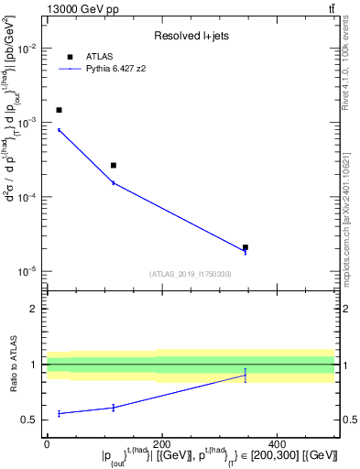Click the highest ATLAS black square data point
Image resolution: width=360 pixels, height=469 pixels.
(59, 110)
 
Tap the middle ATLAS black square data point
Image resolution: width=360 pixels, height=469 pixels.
(114, 166)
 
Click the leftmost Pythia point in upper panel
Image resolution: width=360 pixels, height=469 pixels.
(59, 130)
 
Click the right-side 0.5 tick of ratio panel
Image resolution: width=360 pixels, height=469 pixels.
(348, 420)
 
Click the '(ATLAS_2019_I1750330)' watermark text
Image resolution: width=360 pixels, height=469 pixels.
(191, 274)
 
